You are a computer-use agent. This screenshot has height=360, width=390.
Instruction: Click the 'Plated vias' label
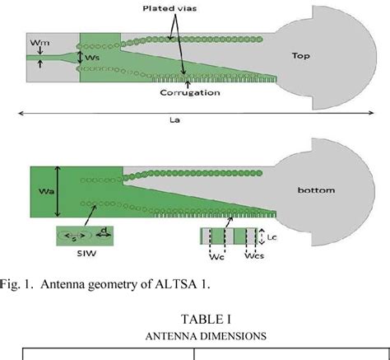tap(169, 8)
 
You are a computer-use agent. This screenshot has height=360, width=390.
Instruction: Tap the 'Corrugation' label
tap(190, 92)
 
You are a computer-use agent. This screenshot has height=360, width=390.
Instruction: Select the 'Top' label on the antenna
tap(301, 56)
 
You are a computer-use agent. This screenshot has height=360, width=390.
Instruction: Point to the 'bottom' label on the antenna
tap(316, 190)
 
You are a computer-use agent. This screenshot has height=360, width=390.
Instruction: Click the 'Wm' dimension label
tap(40, 43)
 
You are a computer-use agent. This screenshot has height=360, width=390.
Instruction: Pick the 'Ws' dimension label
tap(92, 58)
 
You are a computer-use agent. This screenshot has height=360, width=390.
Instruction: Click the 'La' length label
tap(174, 120)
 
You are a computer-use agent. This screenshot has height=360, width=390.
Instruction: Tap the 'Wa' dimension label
tap(46, 191)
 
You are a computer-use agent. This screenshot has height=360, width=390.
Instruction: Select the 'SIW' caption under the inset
tap(86, 253)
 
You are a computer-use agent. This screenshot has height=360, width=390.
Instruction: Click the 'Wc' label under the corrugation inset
tap(216, 257)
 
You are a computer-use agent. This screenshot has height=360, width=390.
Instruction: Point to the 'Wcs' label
tap(254, 256)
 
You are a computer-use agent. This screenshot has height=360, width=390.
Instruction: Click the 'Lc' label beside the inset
tap(272, 237)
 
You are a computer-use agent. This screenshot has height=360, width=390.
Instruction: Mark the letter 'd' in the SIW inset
tap(104, 231)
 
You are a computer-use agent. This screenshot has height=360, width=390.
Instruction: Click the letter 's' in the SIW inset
tap(73, 239)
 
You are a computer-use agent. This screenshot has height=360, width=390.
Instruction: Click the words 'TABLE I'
tap(206, 319)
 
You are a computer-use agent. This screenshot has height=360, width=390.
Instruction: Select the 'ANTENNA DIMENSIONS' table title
tap(206, 336)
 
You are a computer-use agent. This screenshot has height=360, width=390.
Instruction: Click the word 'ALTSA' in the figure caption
tap(176, 284)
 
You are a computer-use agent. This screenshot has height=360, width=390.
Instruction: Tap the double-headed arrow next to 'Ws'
tap(80, 57)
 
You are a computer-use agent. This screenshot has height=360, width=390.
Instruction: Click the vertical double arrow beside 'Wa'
tap(58, 191)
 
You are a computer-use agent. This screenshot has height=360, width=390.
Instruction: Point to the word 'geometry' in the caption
tap(113, 285)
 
